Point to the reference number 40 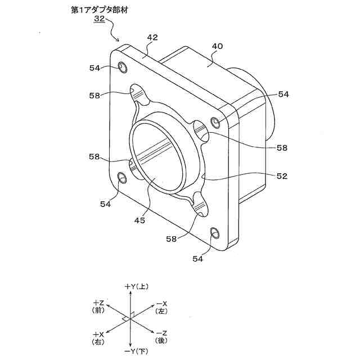[218, 46]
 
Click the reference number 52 [282, 176]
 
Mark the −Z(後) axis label [163, 336]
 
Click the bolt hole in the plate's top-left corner [122, 68]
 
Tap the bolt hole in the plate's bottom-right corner [214, 233]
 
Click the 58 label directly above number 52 [282, 148]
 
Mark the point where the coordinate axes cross [130, 319]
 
